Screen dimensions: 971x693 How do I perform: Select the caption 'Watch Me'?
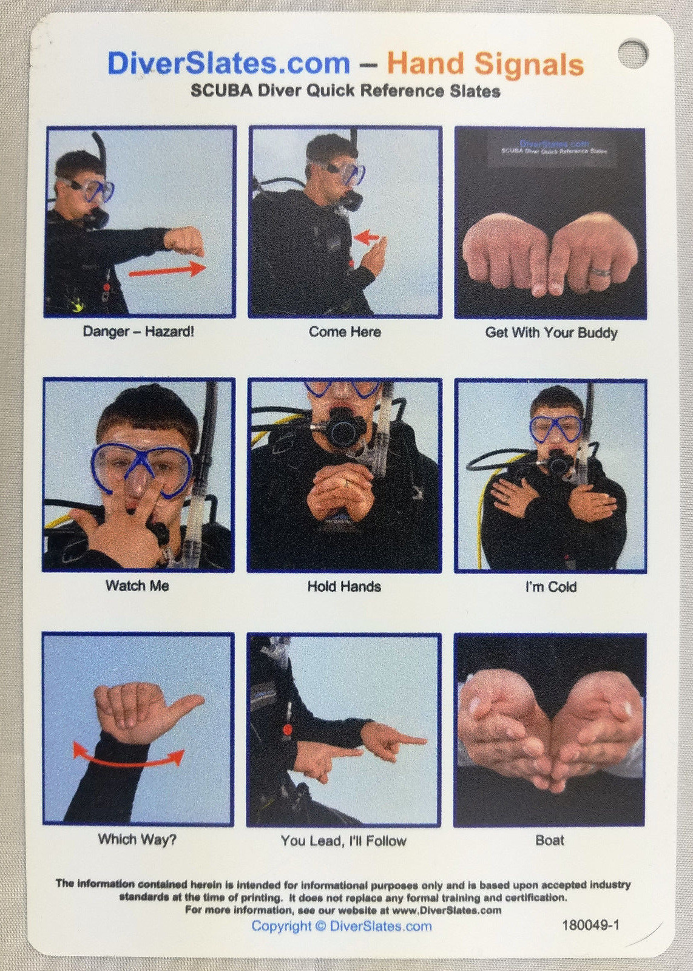pyautogui.click(x=137, y=586)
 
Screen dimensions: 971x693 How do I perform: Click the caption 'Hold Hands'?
pyautogui.click(x=344, y=586)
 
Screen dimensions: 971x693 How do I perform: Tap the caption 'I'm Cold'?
pyautogui.click(x=550, y=587)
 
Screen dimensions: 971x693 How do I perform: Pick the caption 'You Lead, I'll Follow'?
pyautogui.click(x=343, y=841)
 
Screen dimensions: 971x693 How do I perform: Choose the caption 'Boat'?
pyautogui.click(x=550, y=841)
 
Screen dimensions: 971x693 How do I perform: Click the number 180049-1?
pyautogui.click(x=590, y=925)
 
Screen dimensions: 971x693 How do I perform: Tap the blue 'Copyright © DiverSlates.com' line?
pyautogui.click(x=342, y=926)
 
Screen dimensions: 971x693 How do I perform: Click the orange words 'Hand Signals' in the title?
pyautogui.click(x=485, y=64)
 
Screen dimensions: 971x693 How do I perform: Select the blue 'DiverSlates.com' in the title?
pyautogui.click(x=229, y=63)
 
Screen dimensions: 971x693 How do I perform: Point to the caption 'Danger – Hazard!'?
pyautogui.click(x=138, y=332)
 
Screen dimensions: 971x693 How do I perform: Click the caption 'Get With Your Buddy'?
pyautogui.click(x=551, y=333)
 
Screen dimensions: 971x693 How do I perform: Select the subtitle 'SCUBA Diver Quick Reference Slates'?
pyautogui.click(x=345, y=92)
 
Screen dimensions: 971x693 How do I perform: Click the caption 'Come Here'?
pyautogui.click(x=345, y=332)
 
